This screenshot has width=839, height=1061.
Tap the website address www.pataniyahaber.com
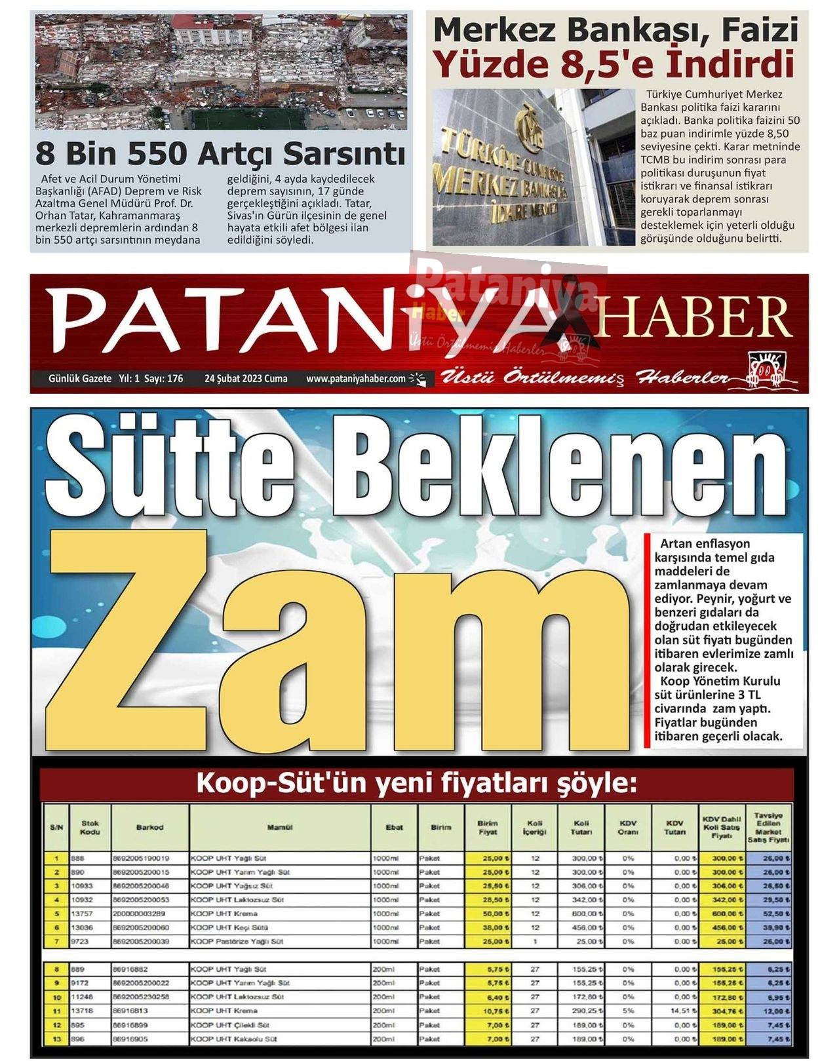click(356, 379)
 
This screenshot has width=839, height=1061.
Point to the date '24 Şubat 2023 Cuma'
click(246, 379)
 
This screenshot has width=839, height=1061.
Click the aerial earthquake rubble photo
click(221, 72)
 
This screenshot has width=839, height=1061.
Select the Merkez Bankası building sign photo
click(534, 168)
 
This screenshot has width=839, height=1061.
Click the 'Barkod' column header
click(150, 828)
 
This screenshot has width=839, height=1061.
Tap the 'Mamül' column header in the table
click(280, 828)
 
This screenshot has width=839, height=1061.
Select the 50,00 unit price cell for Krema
click(488, 914)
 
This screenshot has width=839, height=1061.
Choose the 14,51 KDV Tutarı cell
click(675, 1011)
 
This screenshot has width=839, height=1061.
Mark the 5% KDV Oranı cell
click(628, 1011)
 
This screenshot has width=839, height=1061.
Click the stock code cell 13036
click(82, 927)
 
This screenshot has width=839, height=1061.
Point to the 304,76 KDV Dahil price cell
click(721, 1011)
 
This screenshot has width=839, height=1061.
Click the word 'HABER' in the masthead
click(691, 317)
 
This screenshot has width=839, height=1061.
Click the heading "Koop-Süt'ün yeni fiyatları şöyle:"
click(417, 784)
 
